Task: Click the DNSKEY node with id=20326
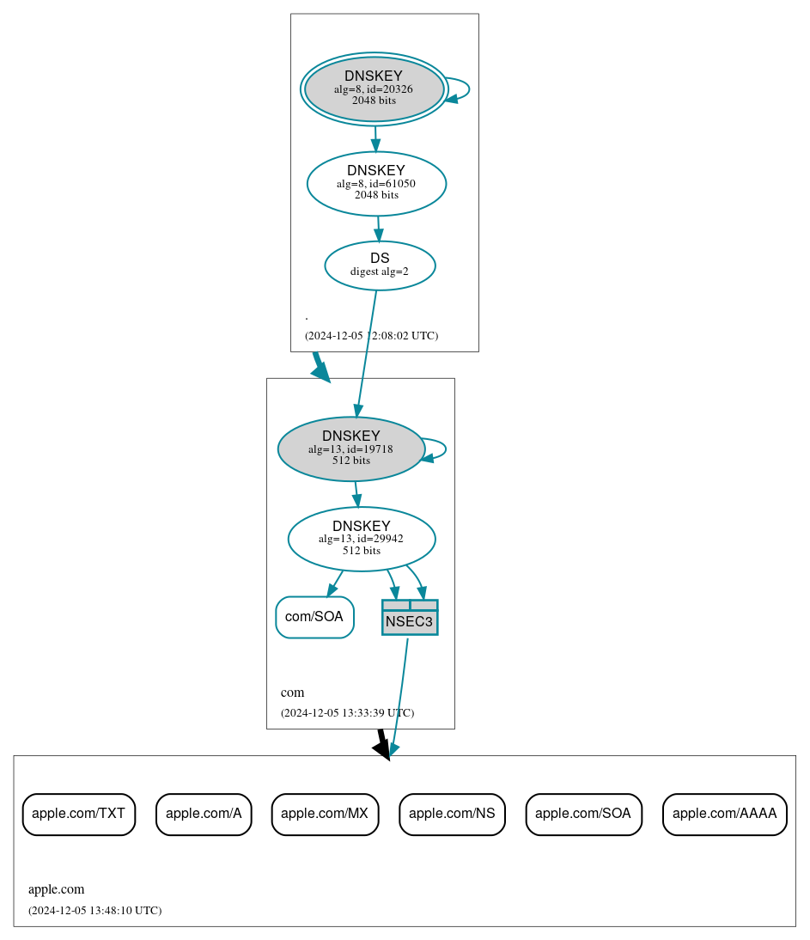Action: [374, 89]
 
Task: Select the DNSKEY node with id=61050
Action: [376, 183]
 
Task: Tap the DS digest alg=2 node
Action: [380, 266]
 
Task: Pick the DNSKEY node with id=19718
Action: [351, 449]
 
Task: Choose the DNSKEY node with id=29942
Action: [362, 539]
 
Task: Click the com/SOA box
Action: [314, 617]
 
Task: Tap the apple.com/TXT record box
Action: [79, 814]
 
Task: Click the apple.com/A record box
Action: [204, 814]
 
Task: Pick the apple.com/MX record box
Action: [325, 814]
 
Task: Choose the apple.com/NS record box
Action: [452, 814]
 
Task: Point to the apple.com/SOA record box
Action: [583, 814]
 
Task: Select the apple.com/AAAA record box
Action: [724, 814]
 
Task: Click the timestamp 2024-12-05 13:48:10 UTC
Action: [94, 910]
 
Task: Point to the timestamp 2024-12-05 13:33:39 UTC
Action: [347, 712]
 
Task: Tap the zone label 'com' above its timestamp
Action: [293, 693]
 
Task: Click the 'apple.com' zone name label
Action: [57, 889]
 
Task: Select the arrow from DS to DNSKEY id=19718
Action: [367, 352]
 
